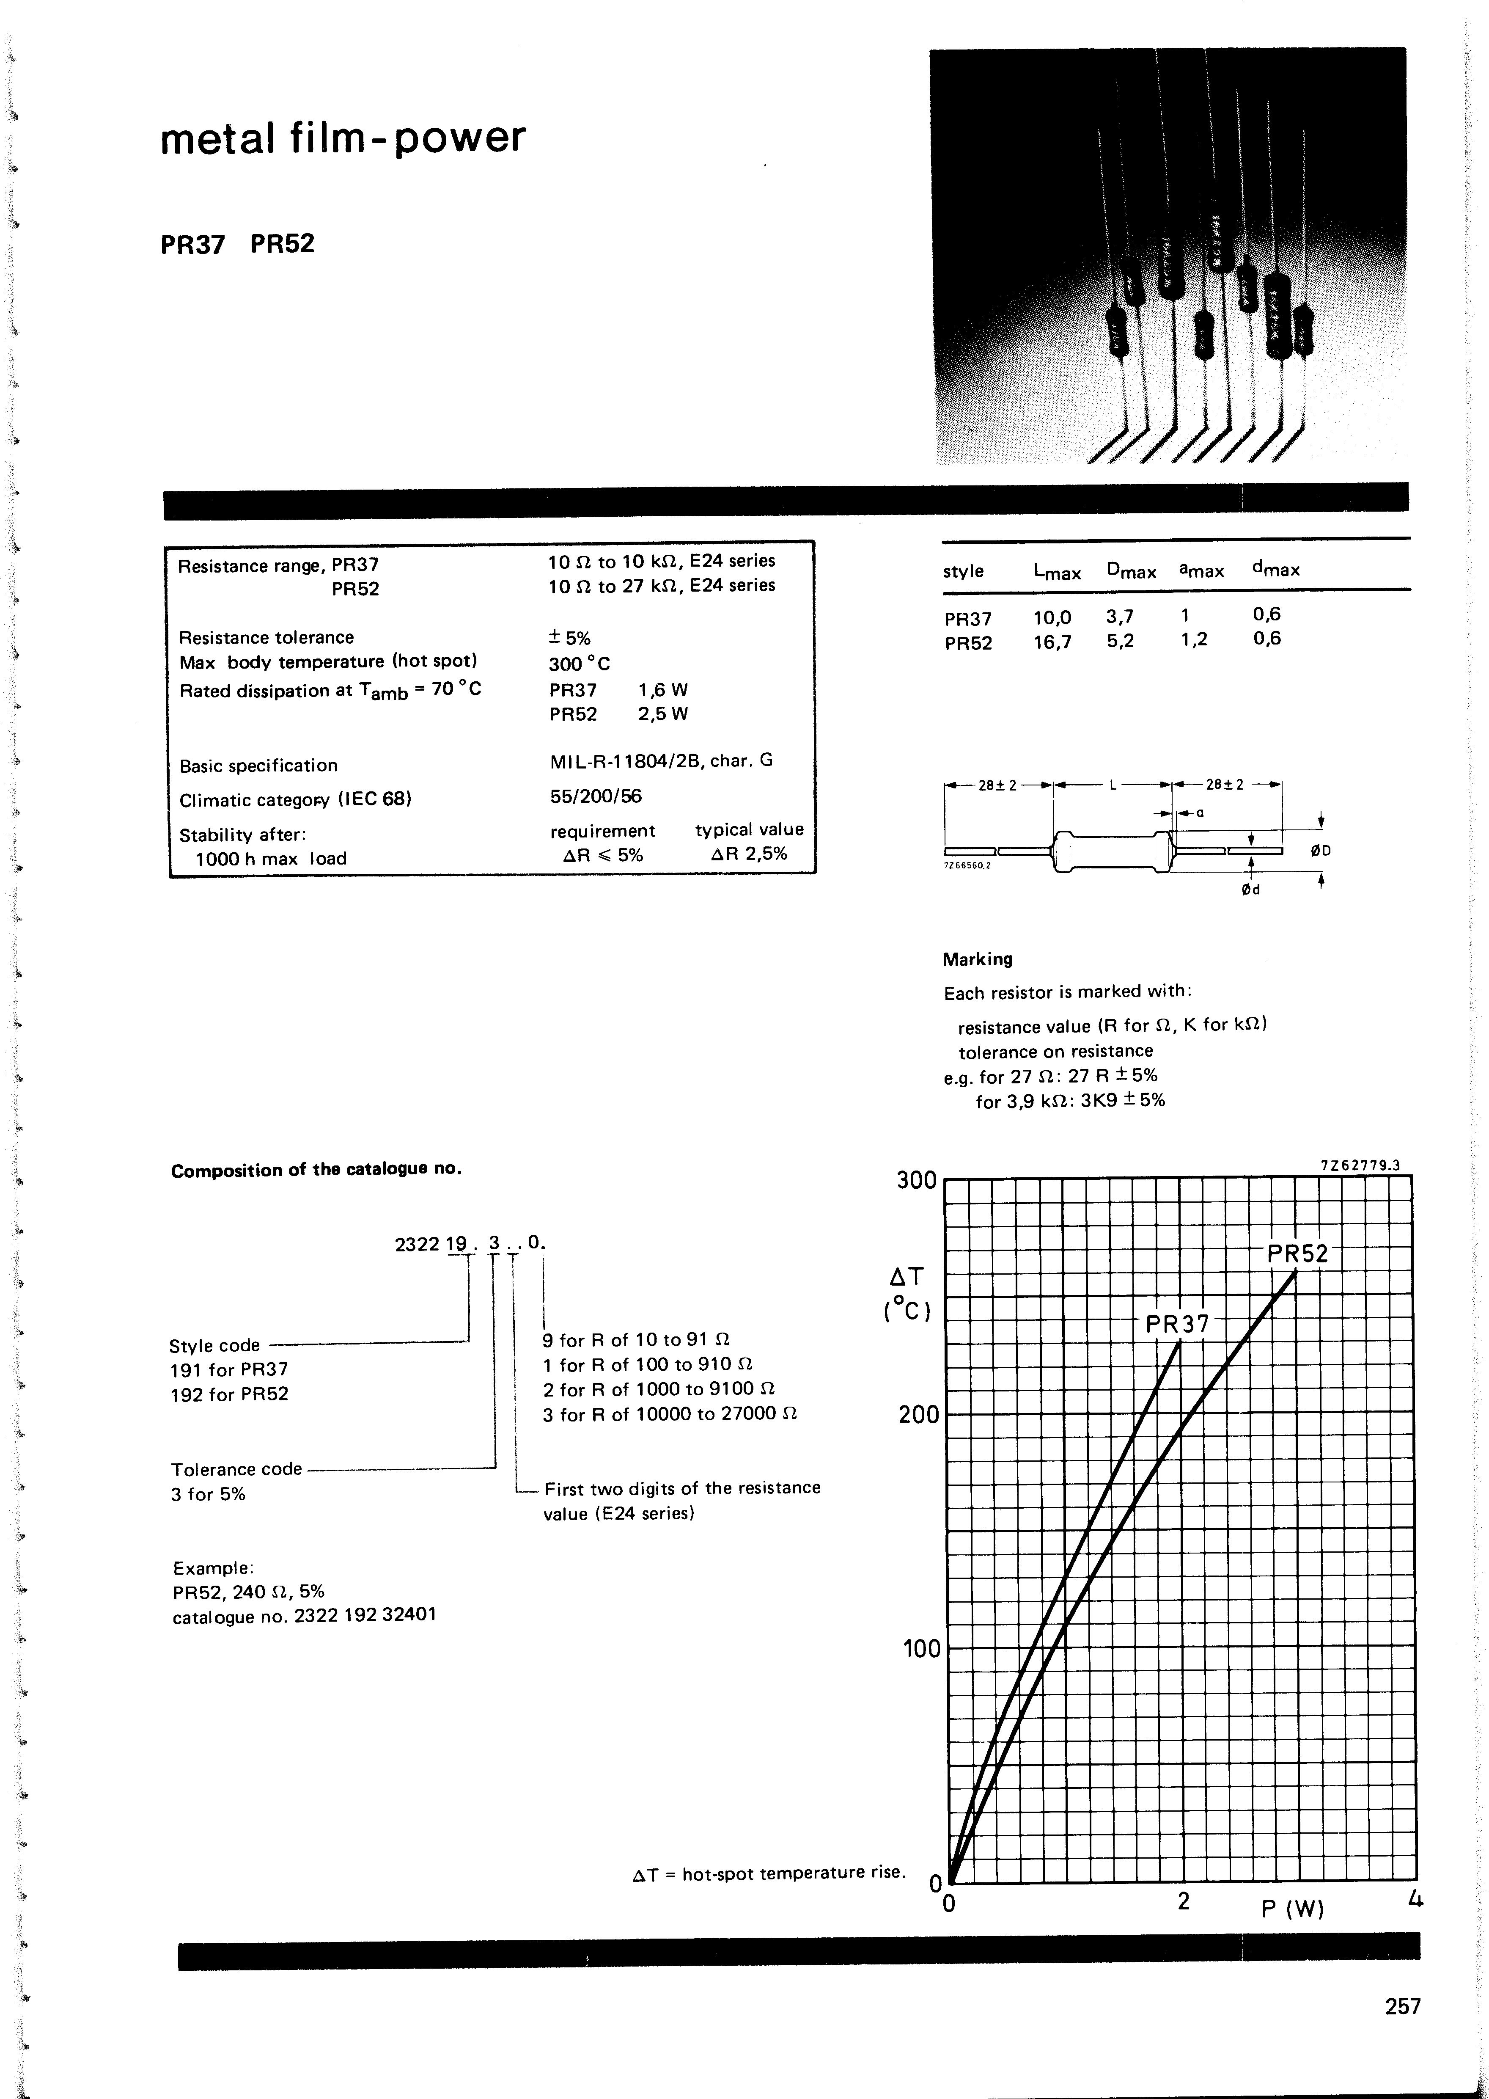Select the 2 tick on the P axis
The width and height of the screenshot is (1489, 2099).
click(x=1184, y=1901)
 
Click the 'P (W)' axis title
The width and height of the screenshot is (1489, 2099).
click(x=1293, y=1909)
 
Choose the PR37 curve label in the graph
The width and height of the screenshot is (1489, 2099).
click(x=1177, y=1324)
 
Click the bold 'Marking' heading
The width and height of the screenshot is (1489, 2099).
click(x=978, y=959)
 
